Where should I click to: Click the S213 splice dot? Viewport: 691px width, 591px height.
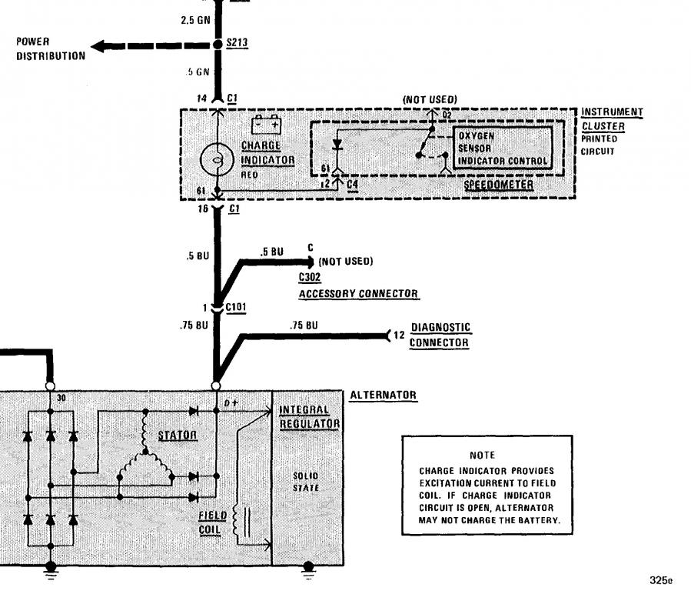[218, 45]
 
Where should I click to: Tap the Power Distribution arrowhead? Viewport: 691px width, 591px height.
[98, 46]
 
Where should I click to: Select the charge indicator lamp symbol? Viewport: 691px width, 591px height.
[217, 160]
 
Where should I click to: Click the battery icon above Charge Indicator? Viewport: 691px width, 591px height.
[266, 125]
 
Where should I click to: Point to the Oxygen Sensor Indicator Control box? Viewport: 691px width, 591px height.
[503, 149]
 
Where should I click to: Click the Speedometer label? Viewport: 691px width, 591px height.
[498, 185]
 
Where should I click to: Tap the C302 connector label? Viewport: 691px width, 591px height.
[310, 277]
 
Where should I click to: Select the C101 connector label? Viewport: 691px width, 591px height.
[236, 307]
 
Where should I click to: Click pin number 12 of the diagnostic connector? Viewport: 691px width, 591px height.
[399, 336]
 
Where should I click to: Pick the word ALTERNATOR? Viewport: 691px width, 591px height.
[383, 396]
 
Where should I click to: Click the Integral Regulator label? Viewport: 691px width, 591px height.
[309, 417]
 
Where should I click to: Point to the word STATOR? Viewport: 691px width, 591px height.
[177, 436]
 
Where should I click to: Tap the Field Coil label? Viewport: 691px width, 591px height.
[212, 523]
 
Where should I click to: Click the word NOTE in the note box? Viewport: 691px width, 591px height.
[483, 455]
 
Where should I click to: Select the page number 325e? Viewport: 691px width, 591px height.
[661, 580]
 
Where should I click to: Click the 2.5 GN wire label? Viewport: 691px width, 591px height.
[196, 20]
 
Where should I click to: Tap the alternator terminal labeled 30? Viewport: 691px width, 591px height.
[50, 386]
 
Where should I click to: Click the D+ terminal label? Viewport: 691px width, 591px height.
[231, 403]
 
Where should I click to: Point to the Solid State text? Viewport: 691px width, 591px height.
[306, 482]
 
